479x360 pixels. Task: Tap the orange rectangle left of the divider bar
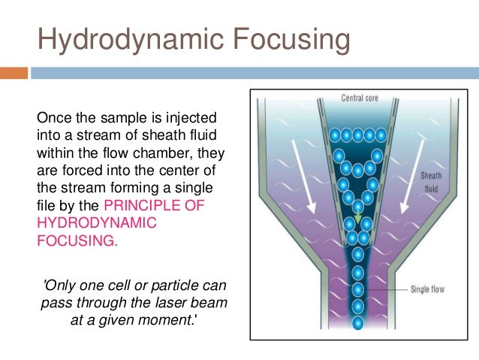tap(14, 73)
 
